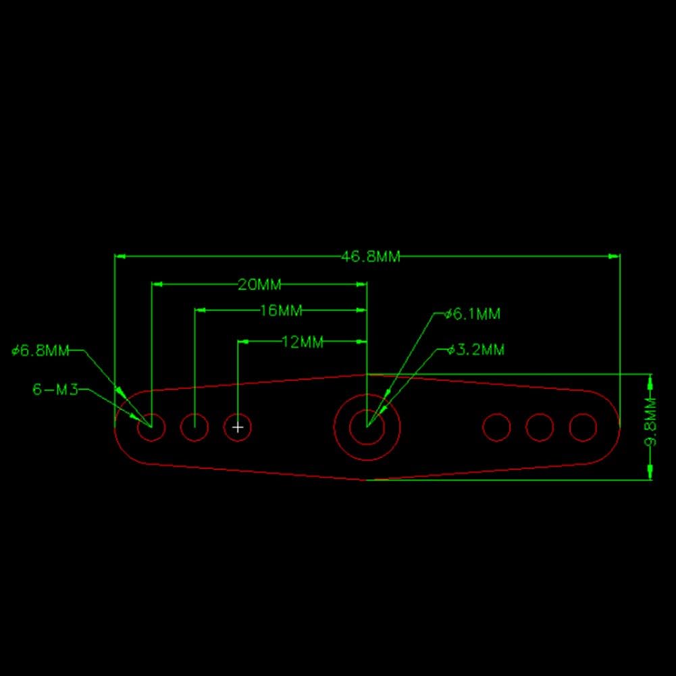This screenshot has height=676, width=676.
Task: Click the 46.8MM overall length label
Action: [370, 257]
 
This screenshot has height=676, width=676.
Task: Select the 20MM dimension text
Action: [259, 284]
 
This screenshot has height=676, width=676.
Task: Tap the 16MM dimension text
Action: [281, 311]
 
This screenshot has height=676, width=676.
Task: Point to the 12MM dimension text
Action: [303, 342]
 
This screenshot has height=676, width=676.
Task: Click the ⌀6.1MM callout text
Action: [473, 314]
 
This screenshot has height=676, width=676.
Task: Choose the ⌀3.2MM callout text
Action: [475, 350]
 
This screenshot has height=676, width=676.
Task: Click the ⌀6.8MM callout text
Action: [40, 351]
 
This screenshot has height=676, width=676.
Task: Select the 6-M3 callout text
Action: [55, 390]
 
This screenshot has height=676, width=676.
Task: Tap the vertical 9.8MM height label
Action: [651, 422]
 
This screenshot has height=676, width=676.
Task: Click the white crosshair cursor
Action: [238, 427]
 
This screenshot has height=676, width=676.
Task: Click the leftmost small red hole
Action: [151, 427]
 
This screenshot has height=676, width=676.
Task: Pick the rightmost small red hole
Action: [583, 427]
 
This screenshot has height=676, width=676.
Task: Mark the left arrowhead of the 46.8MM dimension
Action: [120, 257]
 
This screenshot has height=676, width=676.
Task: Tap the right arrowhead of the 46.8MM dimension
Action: [615, 257]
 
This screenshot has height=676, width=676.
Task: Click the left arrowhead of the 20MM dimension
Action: [157, 284]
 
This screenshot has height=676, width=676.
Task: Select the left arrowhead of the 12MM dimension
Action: [243, 342]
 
